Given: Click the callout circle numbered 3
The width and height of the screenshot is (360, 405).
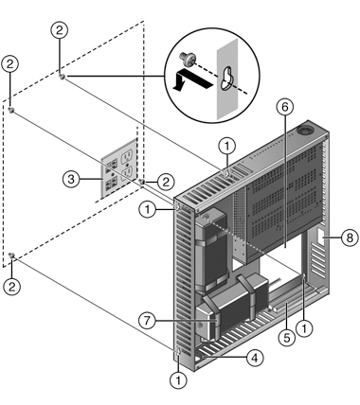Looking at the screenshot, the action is (x=71, y=179).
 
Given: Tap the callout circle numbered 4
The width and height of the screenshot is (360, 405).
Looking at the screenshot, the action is (x=255, y=358).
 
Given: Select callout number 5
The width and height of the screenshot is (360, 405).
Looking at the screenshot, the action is (x=286, y=338).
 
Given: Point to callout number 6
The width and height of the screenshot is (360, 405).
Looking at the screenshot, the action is (x=285, y=107).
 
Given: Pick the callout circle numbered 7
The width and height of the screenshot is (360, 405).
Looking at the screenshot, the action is (x=148, y=321).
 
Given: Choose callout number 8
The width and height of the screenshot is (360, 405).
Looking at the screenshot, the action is (x=350, y=238).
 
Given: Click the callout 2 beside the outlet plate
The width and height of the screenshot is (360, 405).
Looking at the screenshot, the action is (x=166, y=182).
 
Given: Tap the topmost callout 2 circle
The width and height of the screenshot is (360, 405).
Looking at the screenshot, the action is (x=60, y=30).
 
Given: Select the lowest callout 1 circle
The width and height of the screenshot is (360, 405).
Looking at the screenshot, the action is (x=178, y=380).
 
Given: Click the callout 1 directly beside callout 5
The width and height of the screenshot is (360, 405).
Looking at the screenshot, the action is (x=304, y=328).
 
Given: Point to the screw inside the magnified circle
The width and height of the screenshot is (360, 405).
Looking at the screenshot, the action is (x=188, y=60).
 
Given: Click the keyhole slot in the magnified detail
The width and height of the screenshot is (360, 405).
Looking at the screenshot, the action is (x=226, y=79).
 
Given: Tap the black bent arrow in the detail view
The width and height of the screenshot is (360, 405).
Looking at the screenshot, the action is (x=191, y=80).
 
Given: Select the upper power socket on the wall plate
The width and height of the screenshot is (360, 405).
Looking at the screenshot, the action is (x=127, y=156).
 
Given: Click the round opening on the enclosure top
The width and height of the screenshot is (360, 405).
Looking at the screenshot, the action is (x=305, y=129).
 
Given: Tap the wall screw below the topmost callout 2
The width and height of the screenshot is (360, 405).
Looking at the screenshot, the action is (x=63, y=76).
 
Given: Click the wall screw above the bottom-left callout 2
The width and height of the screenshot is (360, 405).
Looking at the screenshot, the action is (x=11, y=255).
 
